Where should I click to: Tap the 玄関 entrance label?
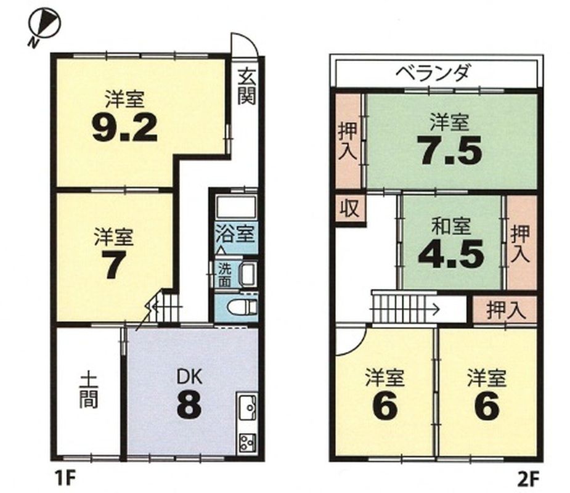247,86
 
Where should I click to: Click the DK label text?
189,377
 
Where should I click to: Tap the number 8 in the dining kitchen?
189,405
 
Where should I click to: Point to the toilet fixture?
242,306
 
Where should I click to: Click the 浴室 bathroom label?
235,233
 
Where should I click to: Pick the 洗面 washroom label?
225,275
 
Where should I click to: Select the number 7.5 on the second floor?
450,150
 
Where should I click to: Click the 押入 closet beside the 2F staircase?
505,311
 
